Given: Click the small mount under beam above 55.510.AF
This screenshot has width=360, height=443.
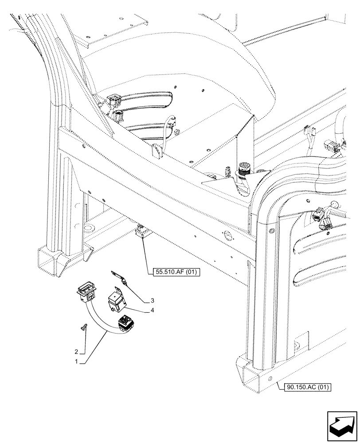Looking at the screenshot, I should click(x=142, y=232).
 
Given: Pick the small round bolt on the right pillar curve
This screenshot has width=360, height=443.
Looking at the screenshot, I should click(x=272, y=231).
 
